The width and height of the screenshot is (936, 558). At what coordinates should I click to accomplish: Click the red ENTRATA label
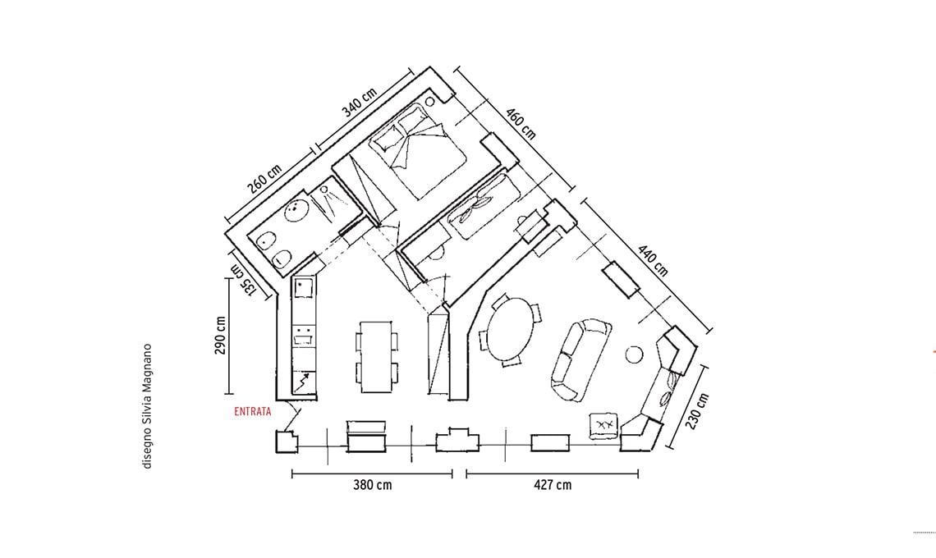pos(253,411)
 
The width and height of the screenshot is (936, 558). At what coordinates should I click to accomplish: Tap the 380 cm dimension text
pos(373,485)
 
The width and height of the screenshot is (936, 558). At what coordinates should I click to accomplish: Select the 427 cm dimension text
pos(553,485)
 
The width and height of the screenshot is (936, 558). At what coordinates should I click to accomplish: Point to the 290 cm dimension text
pos(221,336)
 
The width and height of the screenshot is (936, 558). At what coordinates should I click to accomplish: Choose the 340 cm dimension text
pos(360,103)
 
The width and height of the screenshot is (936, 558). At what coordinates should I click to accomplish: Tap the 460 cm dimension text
pos(521,124)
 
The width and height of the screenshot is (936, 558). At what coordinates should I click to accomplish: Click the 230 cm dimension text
pos(697,411)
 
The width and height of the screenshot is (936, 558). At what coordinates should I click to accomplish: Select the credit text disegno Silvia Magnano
pos(148,406)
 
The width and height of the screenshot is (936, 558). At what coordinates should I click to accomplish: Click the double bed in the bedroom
pos(418,151)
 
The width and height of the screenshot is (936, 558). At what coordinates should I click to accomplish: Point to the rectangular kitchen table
pos(375,357)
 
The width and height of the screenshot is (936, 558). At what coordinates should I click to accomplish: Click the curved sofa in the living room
pos(580,359)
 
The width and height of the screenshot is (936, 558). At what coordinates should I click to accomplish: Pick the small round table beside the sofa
pos(634,354)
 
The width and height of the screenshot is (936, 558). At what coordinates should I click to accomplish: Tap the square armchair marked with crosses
pos(604,425)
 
